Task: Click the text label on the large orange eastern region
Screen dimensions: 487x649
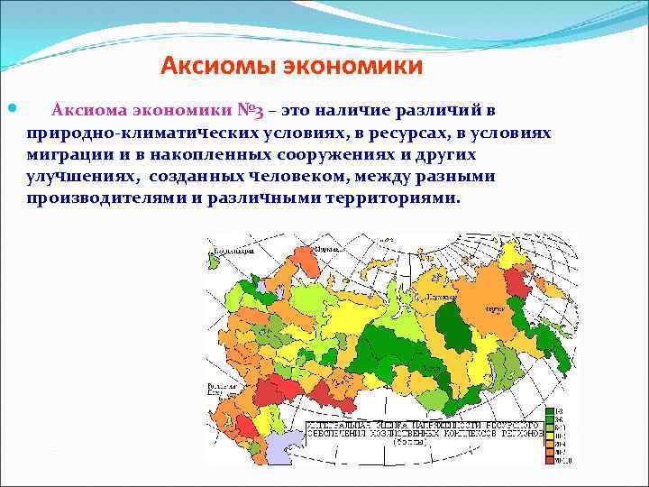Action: click(493, 308)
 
